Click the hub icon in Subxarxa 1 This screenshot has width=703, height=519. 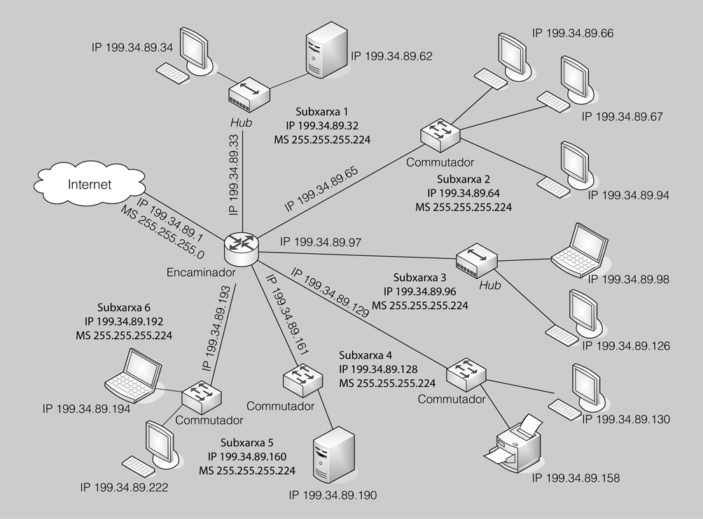(x=249, y=95)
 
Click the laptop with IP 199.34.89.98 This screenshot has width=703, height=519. (x=578, y=250)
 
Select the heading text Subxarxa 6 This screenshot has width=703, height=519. (x=124, y=307)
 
